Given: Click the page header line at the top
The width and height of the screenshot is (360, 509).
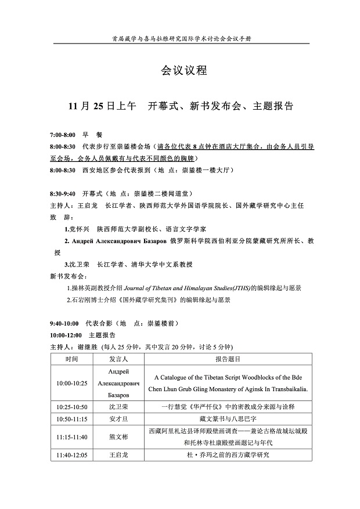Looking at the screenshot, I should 185,38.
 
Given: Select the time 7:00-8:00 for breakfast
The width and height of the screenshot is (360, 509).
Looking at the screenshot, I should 63,135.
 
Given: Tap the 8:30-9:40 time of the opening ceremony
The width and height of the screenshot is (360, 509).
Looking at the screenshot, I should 63,193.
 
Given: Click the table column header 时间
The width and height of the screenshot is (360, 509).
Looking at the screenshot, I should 72,359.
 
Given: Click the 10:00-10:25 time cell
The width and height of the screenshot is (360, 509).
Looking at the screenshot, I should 72,383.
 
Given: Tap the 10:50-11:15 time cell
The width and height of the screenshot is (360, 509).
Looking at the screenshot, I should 72,418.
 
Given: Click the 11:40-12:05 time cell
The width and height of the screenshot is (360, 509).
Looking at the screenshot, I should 72,454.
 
